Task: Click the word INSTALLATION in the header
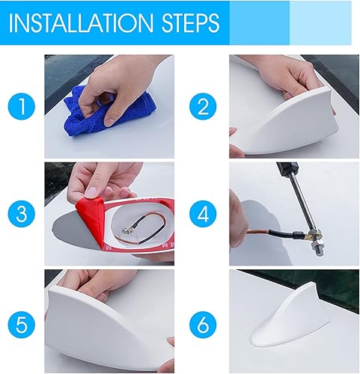[x=81, y=22]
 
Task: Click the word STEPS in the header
[x=191, y=22]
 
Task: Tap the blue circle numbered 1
[x=22, y=106]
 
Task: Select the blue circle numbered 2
[x=203, y=106]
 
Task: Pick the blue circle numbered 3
[x=22, y=214]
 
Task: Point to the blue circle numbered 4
[x=203, y=214]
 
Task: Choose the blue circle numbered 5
[x=22, y=325]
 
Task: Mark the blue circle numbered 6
[x=203, y=325]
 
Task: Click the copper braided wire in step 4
[x=257, y=232]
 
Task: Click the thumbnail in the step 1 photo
[x=109, y=122]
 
